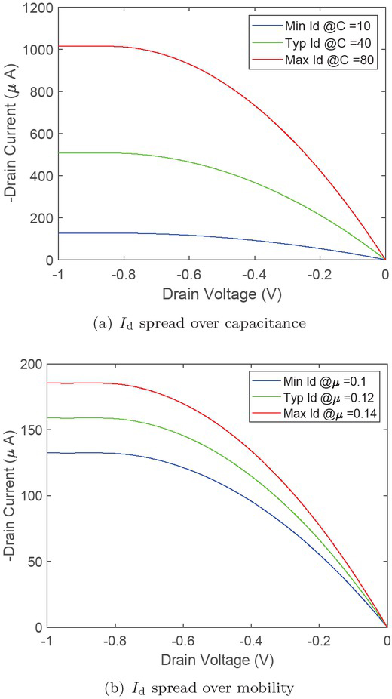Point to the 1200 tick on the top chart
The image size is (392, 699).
[x=30, y=8]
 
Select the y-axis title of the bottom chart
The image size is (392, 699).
[x=11, y=495]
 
